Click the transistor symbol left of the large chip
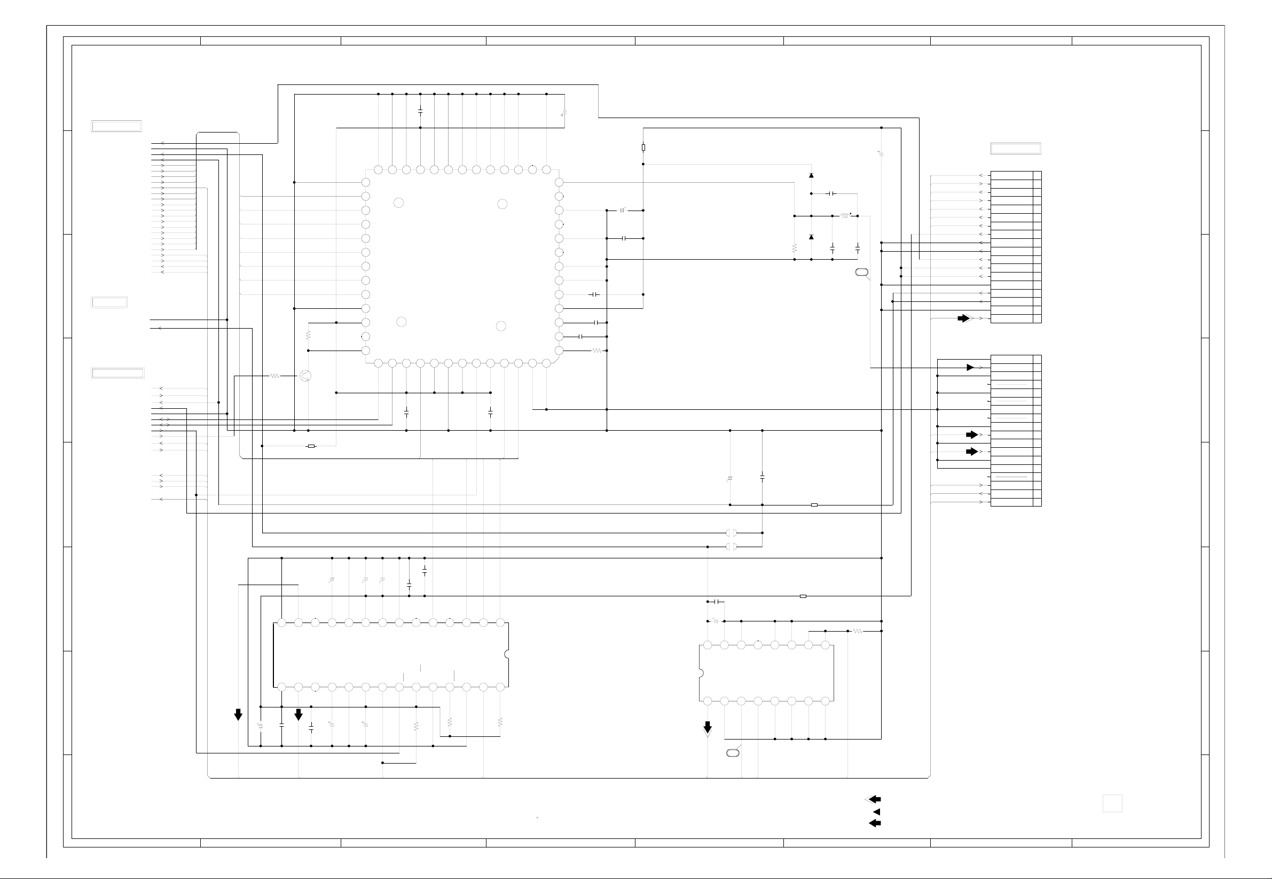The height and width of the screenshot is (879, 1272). [305, 376]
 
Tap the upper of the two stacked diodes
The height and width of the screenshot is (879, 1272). [811, 175]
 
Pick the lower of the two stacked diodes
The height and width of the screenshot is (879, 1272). [811, 237]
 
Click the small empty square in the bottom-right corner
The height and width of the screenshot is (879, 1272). [1112, 804]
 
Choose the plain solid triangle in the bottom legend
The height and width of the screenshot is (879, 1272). [877, 812]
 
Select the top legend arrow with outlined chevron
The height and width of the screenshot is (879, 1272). [874, 799]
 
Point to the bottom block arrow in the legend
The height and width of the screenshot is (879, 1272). [875, 823]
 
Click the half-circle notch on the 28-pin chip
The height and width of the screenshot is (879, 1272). [506, 654]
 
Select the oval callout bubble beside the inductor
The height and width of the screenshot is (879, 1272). [861, 273]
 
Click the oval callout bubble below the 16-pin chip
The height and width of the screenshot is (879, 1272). [733, 753]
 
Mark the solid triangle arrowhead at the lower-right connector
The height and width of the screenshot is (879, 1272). [970, 367]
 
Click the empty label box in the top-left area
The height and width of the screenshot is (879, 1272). [116, 126]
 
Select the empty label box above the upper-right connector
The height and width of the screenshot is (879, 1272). [1016, 148]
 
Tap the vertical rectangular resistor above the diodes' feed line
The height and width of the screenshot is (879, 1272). [643, 147]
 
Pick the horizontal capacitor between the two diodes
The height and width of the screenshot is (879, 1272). [831, 194]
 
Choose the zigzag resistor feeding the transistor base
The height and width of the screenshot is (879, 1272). [274, 376]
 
